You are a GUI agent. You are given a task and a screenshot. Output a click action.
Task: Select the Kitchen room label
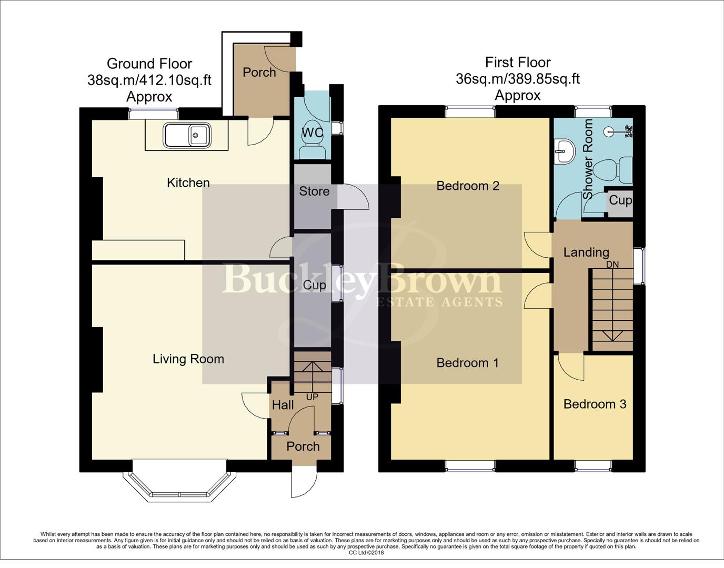[188, 183]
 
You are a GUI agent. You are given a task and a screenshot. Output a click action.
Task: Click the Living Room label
[188, 359]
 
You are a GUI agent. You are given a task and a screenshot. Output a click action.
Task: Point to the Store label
[314, 191]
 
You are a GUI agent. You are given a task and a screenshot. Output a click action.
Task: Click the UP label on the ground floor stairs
[312, 397]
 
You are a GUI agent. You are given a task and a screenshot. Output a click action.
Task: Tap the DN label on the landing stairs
[612, 265]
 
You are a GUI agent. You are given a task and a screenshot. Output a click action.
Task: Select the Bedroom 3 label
[595, 404]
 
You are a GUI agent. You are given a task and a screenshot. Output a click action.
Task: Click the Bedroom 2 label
[468, 186]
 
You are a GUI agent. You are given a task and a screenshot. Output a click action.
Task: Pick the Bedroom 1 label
[468, 363]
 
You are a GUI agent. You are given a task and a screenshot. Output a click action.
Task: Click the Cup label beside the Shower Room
[620, 200]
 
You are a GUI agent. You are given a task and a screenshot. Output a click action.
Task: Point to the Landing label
[586, 252]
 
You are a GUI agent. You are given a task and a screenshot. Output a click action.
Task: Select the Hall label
[283, 405]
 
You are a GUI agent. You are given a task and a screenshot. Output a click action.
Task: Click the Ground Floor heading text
[149, 64]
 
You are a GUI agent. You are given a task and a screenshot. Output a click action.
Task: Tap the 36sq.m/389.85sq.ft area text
[518, 79]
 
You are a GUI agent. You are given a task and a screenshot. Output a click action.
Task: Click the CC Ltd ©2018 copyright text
[366, 553]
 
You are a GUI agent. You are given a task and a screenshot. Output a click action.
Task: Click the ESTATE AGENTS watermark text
[439, 302]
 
